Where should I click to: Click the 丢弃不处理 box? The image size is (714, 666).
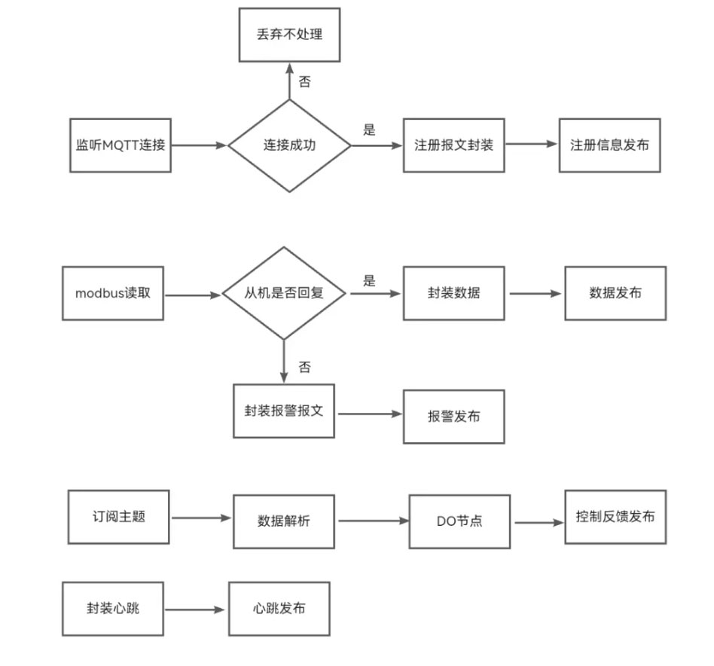pyautogui.click(x=289, y=35)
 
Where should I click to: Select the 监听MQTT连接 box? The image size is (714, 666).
pyautogui.click(x=120, y=145)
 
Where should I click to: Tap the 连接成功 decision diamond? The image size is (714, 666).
pyautogui.click(x=289, y=145)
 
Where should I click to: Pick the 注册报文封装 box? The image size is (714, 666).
pyautogui.click(x=453, y=145)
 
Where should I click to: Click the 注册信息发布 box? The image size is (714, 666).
pyautogui.click(x=609, y=145)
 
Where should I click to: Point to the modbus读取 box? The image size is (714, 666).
pyautogui.click(x=113, y=293)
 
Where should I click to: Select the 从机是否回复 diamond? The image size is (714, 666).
pyautogui.click(x=284, y=293)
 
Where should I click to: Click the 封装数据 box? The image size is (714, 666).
pyautogui.click(x=453, y=293)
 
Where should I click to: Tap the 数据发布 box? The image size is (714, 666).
pyautogui.click(x=615, y=293)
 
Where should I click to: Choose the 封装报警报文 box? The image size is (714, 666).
pyautogui.click(x=284, y=411)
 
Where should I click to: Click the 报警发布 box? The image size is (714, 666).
pyautogui.click(x=453, y=417)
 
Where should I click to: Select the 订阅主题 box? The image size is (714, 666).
pyautogui.click(x=118, y=517)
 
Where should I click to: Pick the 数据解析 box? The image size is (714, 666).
pyautogui.click(x=283, y=521)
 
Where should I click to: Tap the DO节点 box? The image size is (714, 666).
pyautogui.click(x=459, y=521)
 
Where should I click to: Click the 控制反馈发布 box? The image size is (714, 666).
pyautogui.click(x=615, y=517)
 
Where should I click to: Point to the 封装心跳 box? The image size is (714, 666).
pyautogui.click(x=113, y=608)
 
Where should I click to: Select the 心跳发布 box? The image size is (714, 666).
pyautogui.click(x=279, y=608)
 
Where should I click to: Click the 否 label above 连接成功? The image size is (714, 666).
pyautogui.click(x=304, y=81)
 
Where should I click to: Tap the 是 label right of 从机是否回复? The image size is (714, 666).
pyautogui.click(x=369, y=281)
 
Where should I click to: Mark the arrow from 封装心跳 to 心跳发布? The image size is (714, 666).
pyautogui.click(x=196, y=609)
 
